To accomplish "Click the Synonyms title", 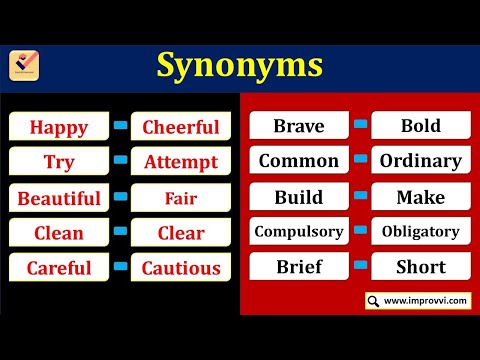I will click(x=239, y=66).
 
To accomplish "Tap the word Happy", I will click(x=59, y=127).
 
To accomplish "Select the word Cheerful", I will click(x=181, y=127).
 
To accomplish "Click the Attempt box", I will click(x=181, y=162).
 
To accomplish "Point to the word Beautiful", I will click(x=59, y=198).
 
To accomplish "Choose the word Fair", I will click(x=181, y=198).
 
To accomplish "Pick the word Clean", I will click(x=59, y=233).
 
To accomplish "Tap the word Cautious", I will click(x=181, y=268).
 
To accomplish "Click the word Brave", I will click(x=298, y=126).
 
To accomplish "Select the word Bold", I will click(x=420, y=126).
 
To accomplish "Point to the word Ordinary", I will click(x=420, y=161).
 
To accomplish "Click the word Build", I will click(x=298, y=197).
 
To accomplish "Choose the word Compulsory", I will click(x=298, y=232).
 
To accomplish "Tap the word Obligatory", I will click(x=420, y=232).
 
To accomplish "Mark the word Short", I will click(x=420, y=267).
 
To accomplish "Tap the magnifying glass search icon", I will click(x=373, y=300).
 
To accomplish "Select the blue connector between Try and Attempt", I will click(x=120, y=160).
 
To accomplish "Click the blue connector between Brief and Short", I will click(x=360, y=265).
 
